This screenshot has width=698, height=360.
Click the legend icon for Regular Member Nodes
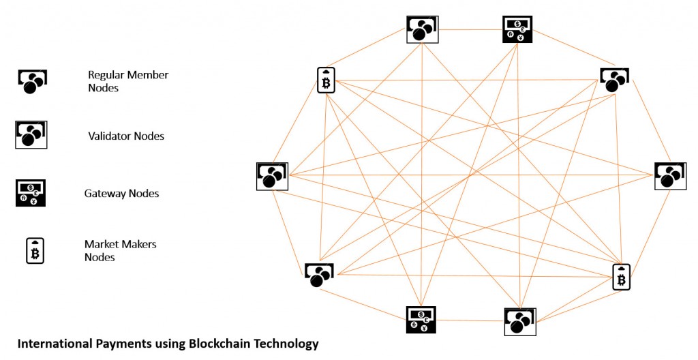click(31, 81)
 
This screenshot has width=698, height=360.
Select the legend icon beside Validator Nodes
click(31, 134)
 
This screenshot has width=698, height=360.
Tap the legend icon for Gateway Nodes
click(30, 193)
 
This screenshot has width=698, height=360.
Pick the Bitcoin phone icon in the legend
click(35, 251)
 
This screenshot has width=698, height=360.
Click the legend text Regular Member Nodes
click(128, 80)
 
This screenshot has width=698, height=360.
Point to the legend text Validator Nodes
click(126, 136)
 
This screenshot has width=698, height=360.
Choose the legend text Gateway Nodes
click(121, 194)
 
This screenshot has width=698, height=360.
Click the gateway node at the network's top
click(517, 29)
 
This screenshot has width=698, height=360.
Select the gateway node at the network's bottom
click(421, 320)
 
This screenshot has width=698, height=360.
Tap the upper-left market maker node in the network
click(326, 80)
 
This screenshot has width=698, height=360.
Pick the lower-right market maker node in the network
click(621, 277)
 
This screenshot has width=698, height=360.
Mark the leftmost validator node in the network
click(272, 176)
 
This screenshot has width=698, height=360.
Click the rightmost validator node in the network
click(669, 175)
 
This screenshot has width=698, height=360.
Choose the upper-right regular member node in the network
click(614, 79)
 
